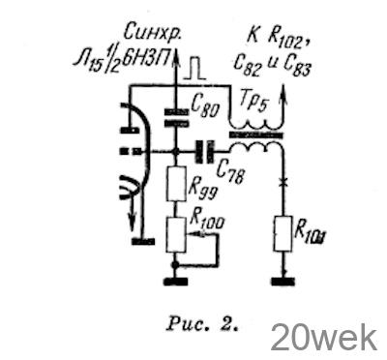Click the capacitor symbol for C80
(176, 117)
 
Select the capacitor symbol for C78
(204, 151)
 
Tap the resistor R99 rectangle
(176, 184)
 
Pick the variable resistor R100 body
(176, 234)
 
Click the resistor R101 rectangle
(283, 233)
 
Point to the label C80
(205, 106)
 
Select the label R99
(202, 191)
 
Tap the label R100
(207, 219)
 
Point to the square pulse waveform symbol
(194, 70)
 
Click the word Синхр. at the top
(153, 33)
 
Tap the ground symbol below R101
(283, 282)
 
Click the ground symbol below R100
(176, 282)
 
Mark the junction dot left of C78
(176, 151)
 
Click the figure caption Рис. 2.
(202, 325)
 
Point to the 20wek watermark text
(323, 338)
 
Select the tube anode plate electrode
(130, 131)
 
